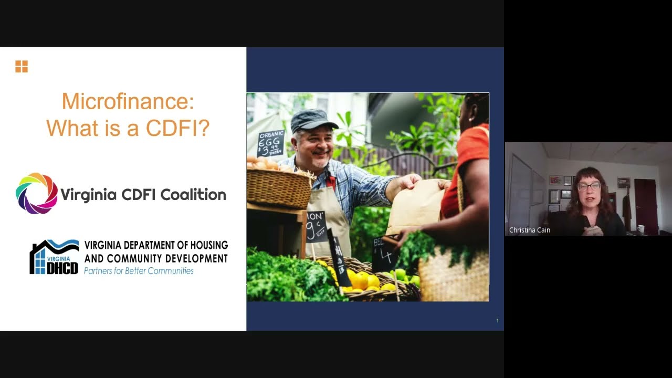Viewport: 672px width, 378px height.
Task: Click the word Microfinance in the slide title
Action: click(x=128, y=101)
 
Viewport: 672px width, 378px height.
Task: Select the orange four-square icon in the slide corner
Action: click(x=22, y=67)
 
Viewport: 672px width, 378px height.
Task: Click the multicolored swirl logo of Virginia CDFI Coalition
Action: click(x=37, y=193)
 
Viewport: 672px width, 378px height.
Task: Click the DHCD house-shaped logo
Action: click(x=54, y=257)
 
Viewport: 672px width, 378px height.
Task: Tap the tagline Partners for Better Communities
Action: click(x=139, y=271)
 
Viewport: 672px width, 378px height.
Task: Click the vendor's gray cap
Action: click(x=313, y=120)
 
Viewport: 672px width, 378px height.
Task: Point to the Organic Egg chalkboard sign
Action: click(x=271, y=143)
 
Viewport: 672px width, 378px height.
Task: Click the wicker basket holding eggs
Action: click(x=279, y=187)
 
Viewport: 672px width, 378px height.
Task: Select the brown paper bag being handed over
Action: click(x=415, y=206)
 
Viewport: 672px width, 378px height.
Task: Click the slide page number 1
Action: click(x=497, y=321)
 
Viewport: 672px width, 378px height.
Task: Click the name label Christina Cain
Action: click(x=530, y=230)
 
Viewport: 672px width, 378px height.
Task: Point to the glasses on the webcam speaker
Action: click(x=589, y=186)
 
